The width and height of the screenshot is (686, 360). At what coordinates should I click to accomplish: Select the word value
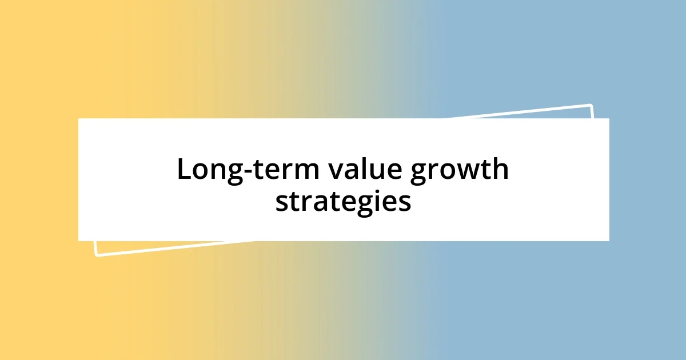[x=353, y=170]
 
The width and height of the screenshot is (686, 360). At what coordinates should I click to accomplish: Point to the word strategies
[x=343, y=202]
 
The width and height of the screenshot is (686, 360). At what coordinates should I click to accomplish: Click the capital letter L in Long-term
[x=184, y=169]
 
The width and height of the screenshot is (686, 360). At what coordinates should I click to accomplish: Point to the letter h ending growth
[x=500, y=169]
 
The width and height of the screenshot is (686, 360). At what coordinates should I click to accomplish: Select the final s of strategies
[x=405, y=203]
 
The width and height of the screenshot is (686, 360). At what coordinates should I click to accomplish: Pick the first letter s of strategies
[x=281, y=203]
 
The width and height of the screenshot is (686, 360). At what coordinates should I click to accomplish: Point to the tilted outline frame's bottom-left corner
[x=96, y=255]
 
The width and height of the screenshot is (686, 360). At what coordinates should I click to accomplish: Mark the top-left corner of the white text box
[x=78, y=118]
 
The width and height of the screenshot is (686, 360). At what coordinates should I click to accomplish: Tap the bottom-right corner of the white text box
[x=609, y=241]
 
